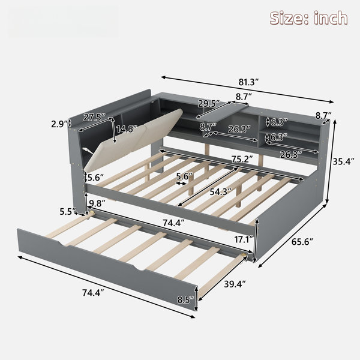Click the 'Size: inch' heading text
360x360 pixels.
click(x=308, y=18)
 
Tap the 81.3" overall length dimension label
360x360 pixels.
click(x=248, y=82)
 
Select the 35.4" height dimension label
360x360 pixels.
click(x=344, y=161)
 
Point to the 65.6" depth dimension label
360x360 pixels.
click(x=302, y=242)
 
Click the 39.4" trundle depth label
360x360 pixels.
click(x=235, y=284)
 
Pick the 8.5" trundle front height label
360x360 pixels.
click(x=185, y=299)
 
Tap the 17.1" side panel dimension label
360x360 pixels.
click(x=244, y=239)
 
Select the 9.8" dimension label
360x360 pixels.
click(x=97, y=203)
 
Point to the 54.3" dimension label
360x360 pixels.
click(x=221, y=192)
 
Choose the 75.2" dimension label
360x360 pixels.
click(x=242, y=159)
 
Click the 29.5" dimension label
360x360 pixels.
click(x=209, y=104)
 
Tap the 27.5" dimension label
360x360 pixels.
click(x=94, y=117)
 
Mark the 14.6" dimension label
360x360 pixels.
click(x=127, y=129)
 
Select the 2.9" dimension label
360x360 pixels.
click(x=59, y=124)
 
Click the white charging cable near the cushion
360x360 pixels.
click(x=87, y=151)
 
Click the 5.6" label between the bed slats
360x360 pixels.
click(x=184, y=176)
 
